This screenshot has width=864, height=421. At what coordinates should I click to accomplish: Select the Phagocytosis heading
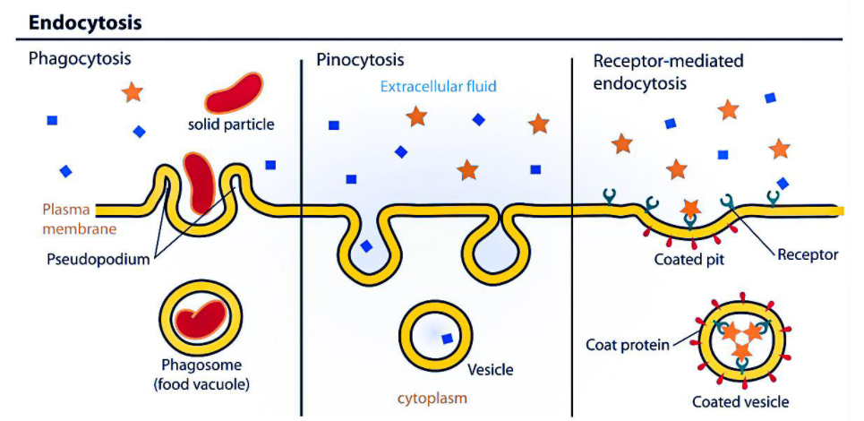(x=80, y=60)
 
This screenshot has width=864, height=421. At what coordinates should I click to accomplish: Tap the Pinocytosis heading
(x=360, y=60)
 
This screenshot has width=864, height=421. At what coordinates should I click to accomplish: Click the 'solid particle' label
(x=231, y=124)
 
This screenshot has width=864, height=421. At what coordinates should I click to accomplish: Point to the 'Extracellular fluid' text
(x=438, y=87)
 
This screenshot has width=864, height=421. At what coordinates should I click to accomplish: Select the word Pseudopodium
(x=87, y=261)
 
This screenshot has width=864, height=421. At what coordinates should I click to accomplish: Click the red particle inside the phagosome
(x=202, y=317)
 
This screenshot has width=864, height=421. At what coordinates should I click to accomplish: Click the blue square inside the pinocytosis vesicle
(x=445, y=338)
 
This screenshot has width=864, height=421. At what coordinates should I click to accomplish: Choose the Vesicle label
(x=491, y=369)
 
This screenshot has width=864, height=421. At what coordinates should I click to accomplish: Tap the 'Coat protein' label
(x=627, y=344)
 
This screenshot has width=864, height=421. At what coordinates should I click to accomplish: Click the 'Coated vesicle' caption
(x=740, y=401)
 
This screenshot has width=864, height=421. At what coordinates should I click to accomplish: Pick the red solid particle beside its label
(x=235, y=92)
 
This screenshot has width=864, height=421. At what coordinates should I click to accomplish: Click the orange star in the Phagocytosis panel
(x=133, y=91)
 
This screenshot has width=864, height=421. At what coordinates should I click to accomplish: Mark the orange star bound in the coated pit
(x=689, y=208)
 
